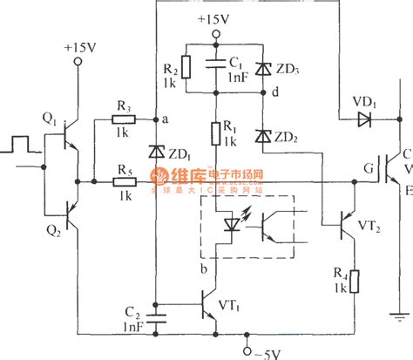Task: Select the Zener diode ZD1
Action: (156, 151)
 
